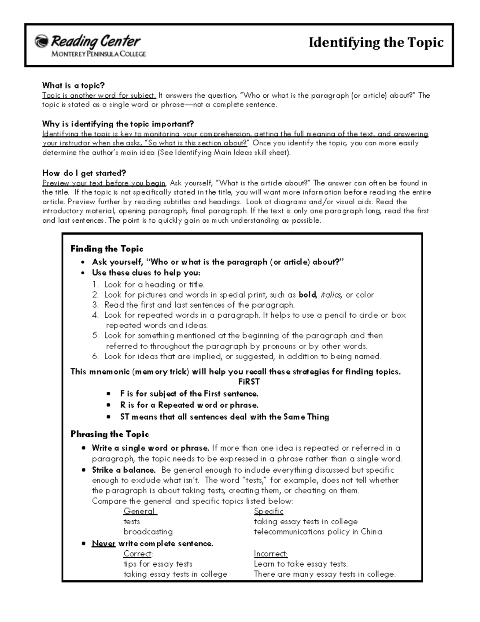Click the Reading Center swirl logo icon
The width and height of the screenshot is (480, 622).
pyautogui.click(x=41, y=41)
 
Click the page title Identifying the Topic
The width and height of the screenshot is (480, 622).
pyautogui.click(x=376, y=42)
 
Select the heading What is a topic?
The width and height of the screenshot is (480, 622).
pyautogui.click(x=73, y=85)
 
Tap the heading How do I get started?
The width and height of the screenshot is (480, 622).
pyautogui.click(x=84, y=173)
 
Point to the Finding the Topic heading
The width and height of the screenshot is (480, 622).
pyautogui.click(x=107, y=249)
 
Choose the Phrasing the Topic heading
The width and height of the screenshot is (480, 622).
pyautogui.click(x=110, y=434)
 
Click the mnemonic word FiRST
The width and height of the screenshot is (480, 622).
pyautogui.click(x=249, y=382)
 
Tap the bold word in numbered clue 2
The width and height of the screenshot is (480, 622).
pyautogui.click(x=307, y=295)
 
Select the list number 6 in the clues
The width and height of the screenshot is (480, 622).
pyautogui.click(x=95, y=356)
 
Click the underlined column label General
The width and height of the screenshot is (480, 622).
pyautogui.click(x=139, y=511)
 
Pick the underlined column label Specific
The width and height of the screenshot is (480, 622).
pyautogui.click(x=268, y=511)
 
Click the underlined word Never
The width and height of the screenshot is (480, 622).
pyautogui.click(x=104, y=543)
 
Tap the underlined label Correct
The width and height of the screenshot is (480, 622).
pyautogui.click(x=138, y=554)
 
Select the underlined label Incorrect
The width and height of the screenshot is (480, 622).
pyautogui.click(x=270, y=554)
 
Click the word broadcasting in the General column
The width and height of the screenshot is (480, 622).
pyautogui.click(x=148, y=532)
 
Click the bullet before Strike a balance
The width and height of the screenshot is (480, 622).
pyautogui.click(x=83, y=470)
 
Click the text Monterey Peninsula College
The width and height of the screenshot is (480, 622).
pyautogui.click(x=98, y=54)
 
